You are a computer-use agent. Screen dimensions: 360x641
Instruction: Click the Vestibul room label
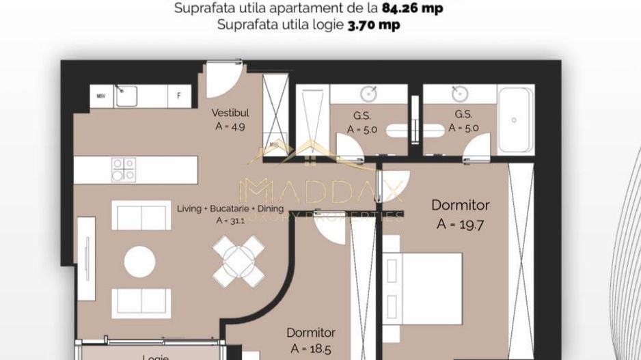[230, 113]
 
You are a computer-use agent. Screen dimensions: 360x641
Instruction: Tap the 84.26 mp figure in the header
[422, 9]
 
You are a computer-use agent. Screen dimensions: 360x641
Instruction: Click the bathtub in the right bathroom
[515, 120]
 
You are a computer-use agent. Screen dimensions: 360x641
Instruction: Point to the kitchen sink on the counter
[126, 96]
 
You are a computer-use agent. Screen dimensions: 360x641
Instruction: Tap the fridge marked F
[179, 96]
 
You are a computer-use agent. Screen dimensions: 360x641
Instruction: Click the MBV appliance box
[100, 96]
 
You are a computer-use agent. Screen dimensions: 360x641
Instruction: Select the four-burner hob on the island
[124, 169]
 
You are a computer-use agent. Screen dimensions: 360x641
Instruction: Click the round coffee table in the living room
[139, 262]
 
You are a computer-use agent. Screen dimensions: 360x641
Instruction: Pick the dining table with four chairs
[238, 260]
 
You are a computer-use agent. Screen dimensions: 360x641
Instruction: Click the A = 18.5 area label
[311, 348]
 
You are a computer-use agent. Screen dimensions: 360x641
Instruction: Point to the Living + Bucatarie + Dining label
[230, 209]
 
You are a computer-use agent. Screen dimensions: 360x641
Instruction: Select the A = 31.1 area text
[230, 221]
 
